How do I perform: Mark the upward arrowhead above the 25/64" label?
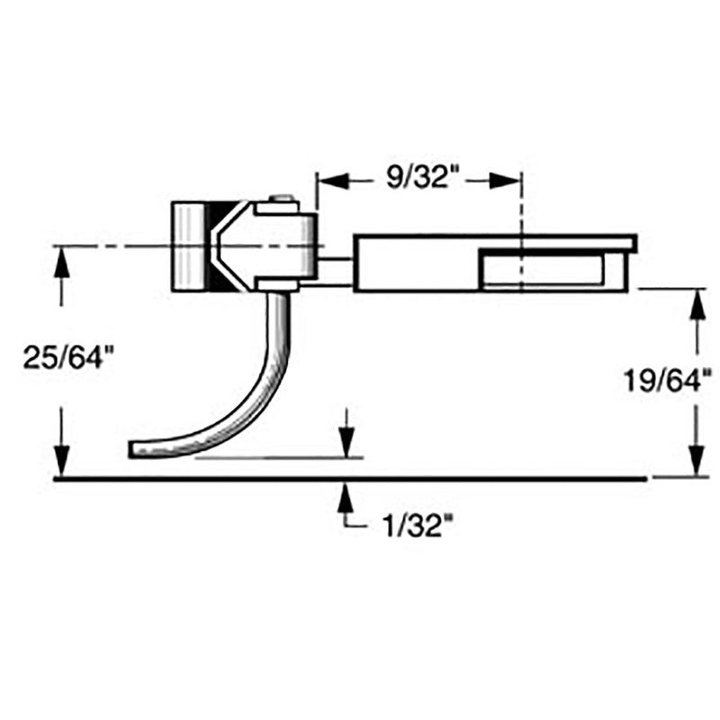click(x=61, y=261)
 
